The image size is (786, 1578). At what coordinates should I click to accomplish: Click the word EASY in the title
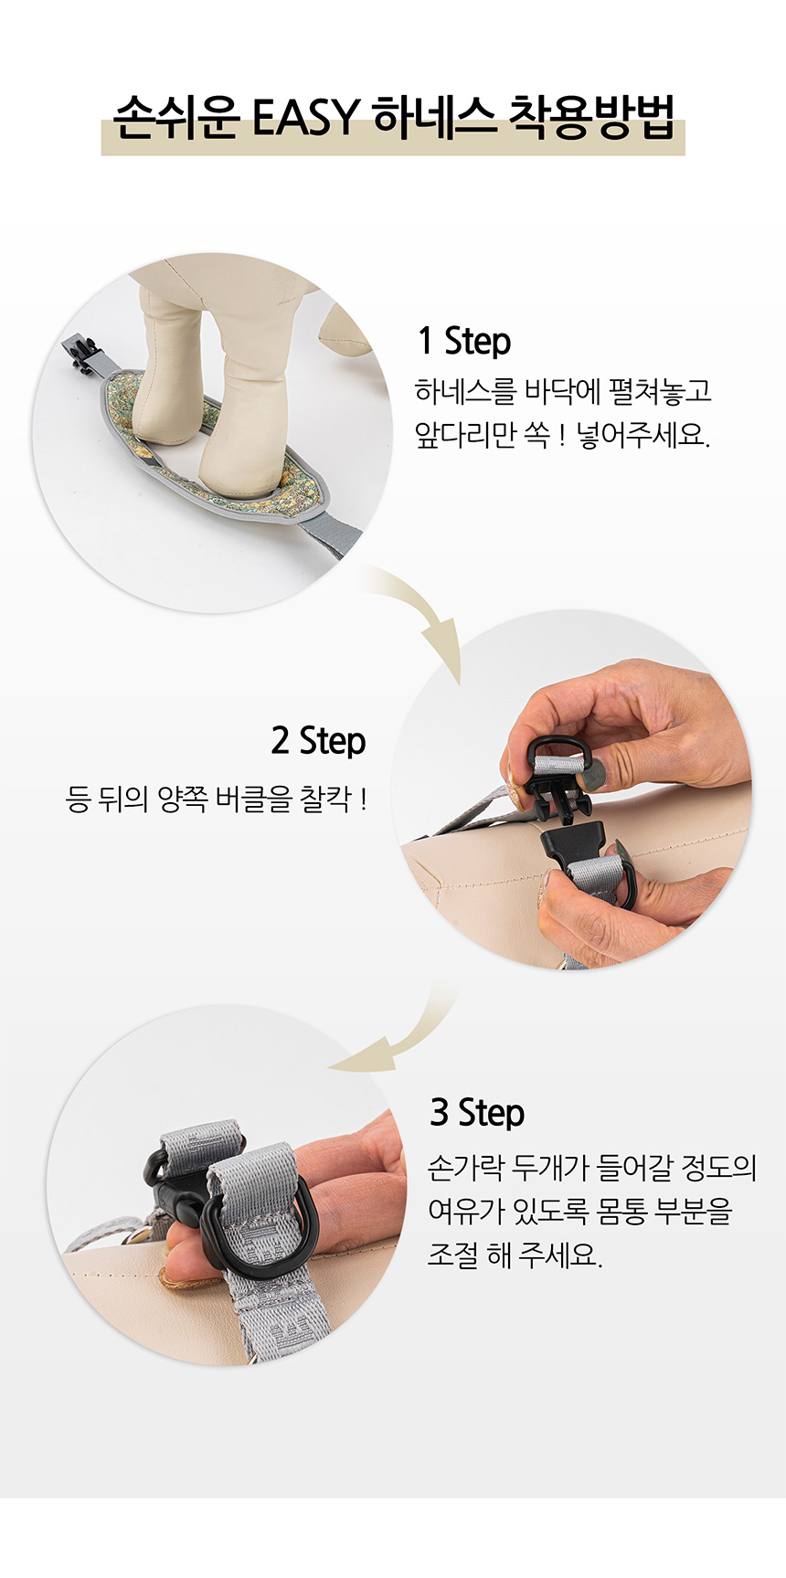point(305,117)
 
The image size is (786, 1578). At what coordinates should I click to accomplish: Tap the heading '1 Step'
point(464,341)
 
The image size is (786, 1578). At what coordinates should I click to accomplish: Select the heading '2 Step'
point(318,740)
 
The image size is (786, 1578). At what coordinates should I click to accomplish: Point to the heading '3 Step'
point(477,1112)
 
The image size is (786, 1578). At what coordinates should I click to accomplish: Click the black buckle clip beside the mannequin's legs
point(81,355)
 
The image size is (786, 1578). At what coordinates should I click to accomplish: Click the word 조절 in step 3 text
point(452,1255)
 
